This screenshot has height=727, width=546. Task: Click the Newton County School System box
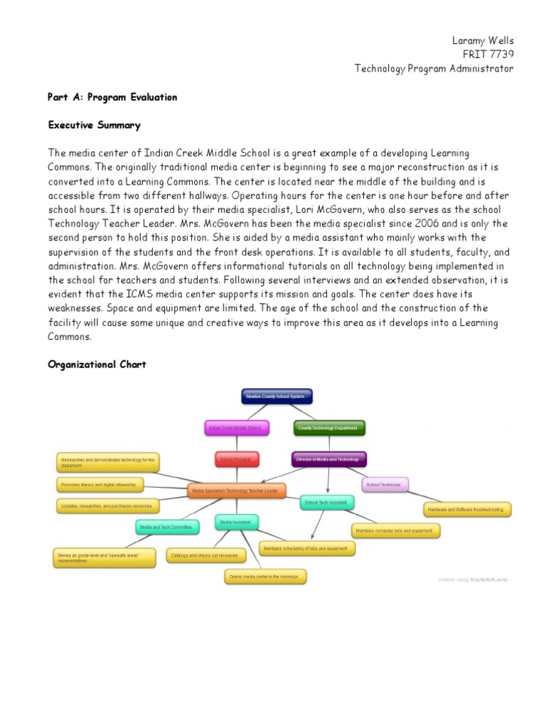[277, 396]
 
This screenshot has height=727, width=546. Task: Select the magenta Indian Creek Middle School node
[235, 428]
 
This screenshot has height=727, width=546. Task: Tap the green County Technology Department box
[328, 428]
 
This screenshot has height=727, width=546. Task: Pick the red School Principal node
[237, 459]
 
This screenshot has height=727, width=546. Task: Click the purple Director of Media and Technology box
[328, 459]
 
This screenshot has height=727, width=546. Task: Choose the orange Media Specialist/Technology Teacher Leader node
[237, 491]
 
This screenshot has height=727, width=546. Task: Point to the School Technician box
[385, 485]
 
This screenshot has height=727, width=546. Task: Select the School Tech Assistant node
[326, 503]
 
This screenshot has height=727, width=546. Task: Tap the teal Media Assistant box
[237, 523]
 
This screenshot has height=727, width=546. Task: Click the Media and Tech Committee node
[165, 527]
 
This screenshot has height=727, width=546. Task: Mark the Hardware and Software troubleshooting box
[467, 509]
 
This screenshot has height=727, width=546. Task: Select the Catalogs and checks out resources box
[203, 555]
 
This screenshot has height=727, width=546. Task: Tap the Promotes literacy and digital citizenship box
[100, 485]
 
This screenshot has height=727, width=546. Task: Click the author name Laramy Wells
[483, 40]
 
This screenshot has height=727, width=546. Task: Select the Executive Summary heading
[94, 125]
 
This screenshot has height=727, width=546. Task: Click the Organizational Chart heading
[97, 364]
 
